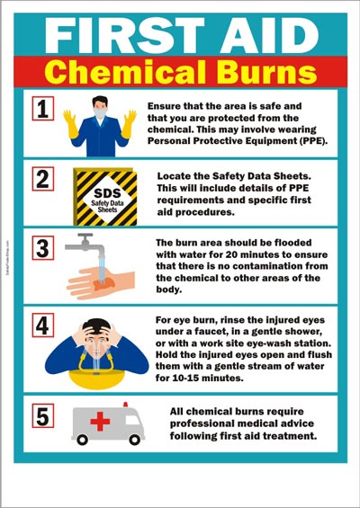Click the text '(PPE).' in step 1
(x=306, y=141)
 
